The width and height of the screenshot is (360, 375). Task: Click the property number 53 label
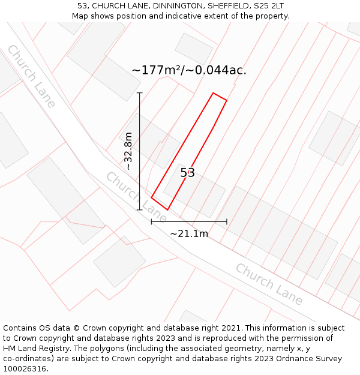tap(188, 173)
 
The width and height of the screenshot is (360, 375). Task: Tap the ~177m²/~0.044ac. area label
tap(189, 70)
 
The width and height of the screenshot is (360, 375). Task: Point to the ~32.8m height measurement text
tap(128, 151)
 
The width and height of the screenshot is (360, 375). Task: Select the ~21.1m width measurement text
tap(189, 233)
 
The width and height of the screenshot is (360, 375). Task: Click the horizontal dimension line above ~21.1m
tap(189, 221)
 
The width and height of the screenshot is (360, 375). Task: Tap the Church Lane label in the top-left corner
tap(31, 76)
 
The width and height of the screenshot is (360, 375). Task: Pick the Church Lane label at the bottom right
tap(268, 284)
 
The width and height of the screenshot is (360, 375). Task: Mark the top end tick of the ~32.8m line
tap(140, 93)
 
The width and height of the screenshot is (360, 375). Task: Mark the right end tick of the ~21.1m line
tap(227, 221)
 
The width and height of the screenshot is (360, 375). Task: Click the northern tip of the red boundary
tap(214, 93)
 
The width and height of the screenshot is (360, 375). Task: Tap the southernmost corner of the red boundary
tap(167, 209)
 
